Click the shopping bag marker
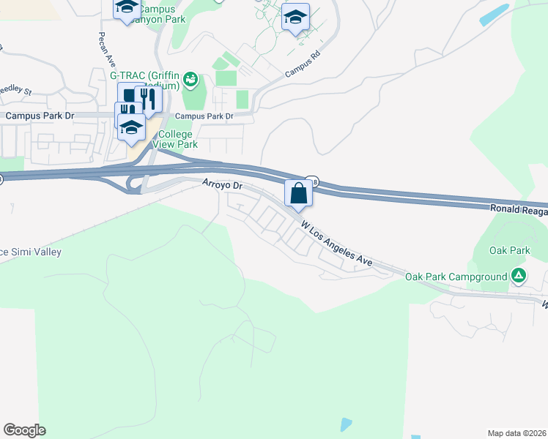[298, 194]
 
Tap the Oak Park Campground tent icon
[519, 276]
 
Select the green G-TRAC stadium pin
[190, 78]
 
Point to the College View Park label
[175, 139]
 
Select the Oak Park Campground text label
[456, 277]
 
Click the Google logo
[24, 430]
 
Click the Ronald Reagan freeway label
[518, 209]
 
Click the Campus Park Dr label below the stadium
[204, 116]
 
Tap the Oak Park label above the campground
[509, 250]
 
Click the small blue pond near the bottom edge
[346, 424]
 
